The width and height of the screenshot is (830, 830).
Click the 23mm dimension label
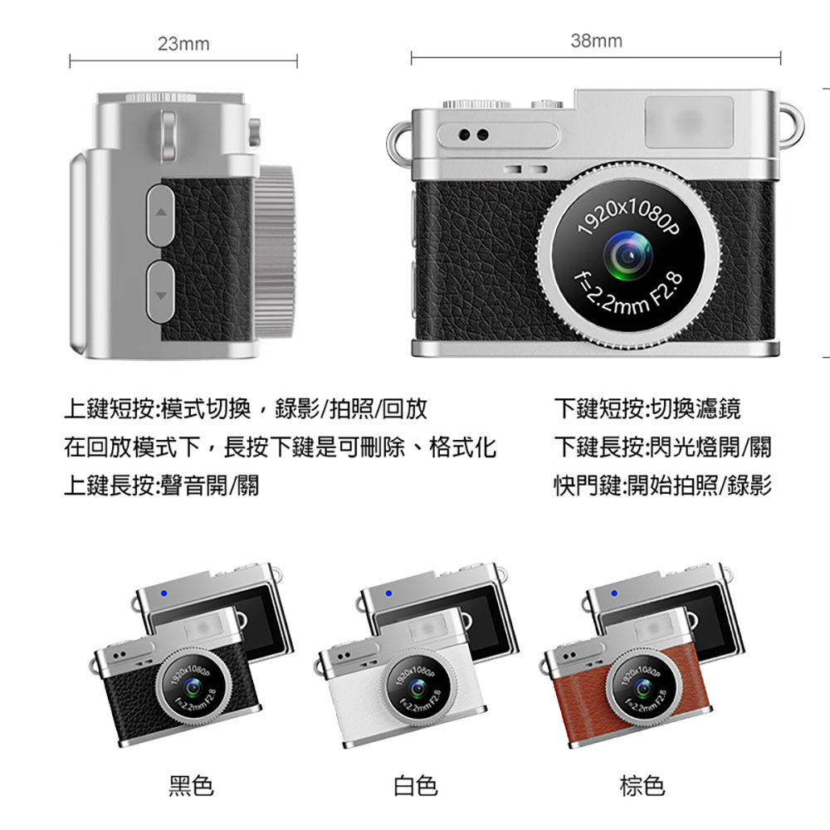coord(183,44)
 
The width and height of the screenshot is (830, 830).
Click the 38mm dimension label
coord(596,41)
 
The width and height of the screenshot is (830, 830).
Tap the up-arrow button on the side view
coord(160,215)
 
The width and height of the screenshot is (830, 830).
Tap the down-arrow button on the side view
coord(160,292)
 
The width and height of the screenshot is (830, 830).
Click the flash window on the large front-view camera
coord(689,122)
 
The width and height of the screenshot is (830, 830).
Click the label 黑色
coord(191,786)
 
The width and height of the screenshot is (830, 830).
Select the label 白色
coord(416,786)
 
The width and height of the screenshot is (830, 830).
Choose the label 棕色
coord(642,786)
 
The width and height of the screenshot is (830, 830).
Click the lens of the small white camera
coord(418,687)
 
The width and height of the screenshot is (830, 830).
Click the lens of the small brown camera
coord(644,687)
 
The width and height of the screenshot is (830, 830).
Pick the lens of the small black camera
coord(193,687)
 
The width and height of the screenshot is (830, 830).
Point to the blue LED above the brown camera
coord(614,593)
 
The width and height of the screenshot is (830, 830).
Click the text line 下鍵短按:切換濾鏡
coord(647,408)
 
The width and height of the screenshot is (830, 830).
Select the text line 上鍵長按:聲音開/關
coord(162,486)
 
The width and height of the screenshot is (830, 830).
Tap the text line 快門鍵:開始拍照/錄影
coord(662,486)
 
